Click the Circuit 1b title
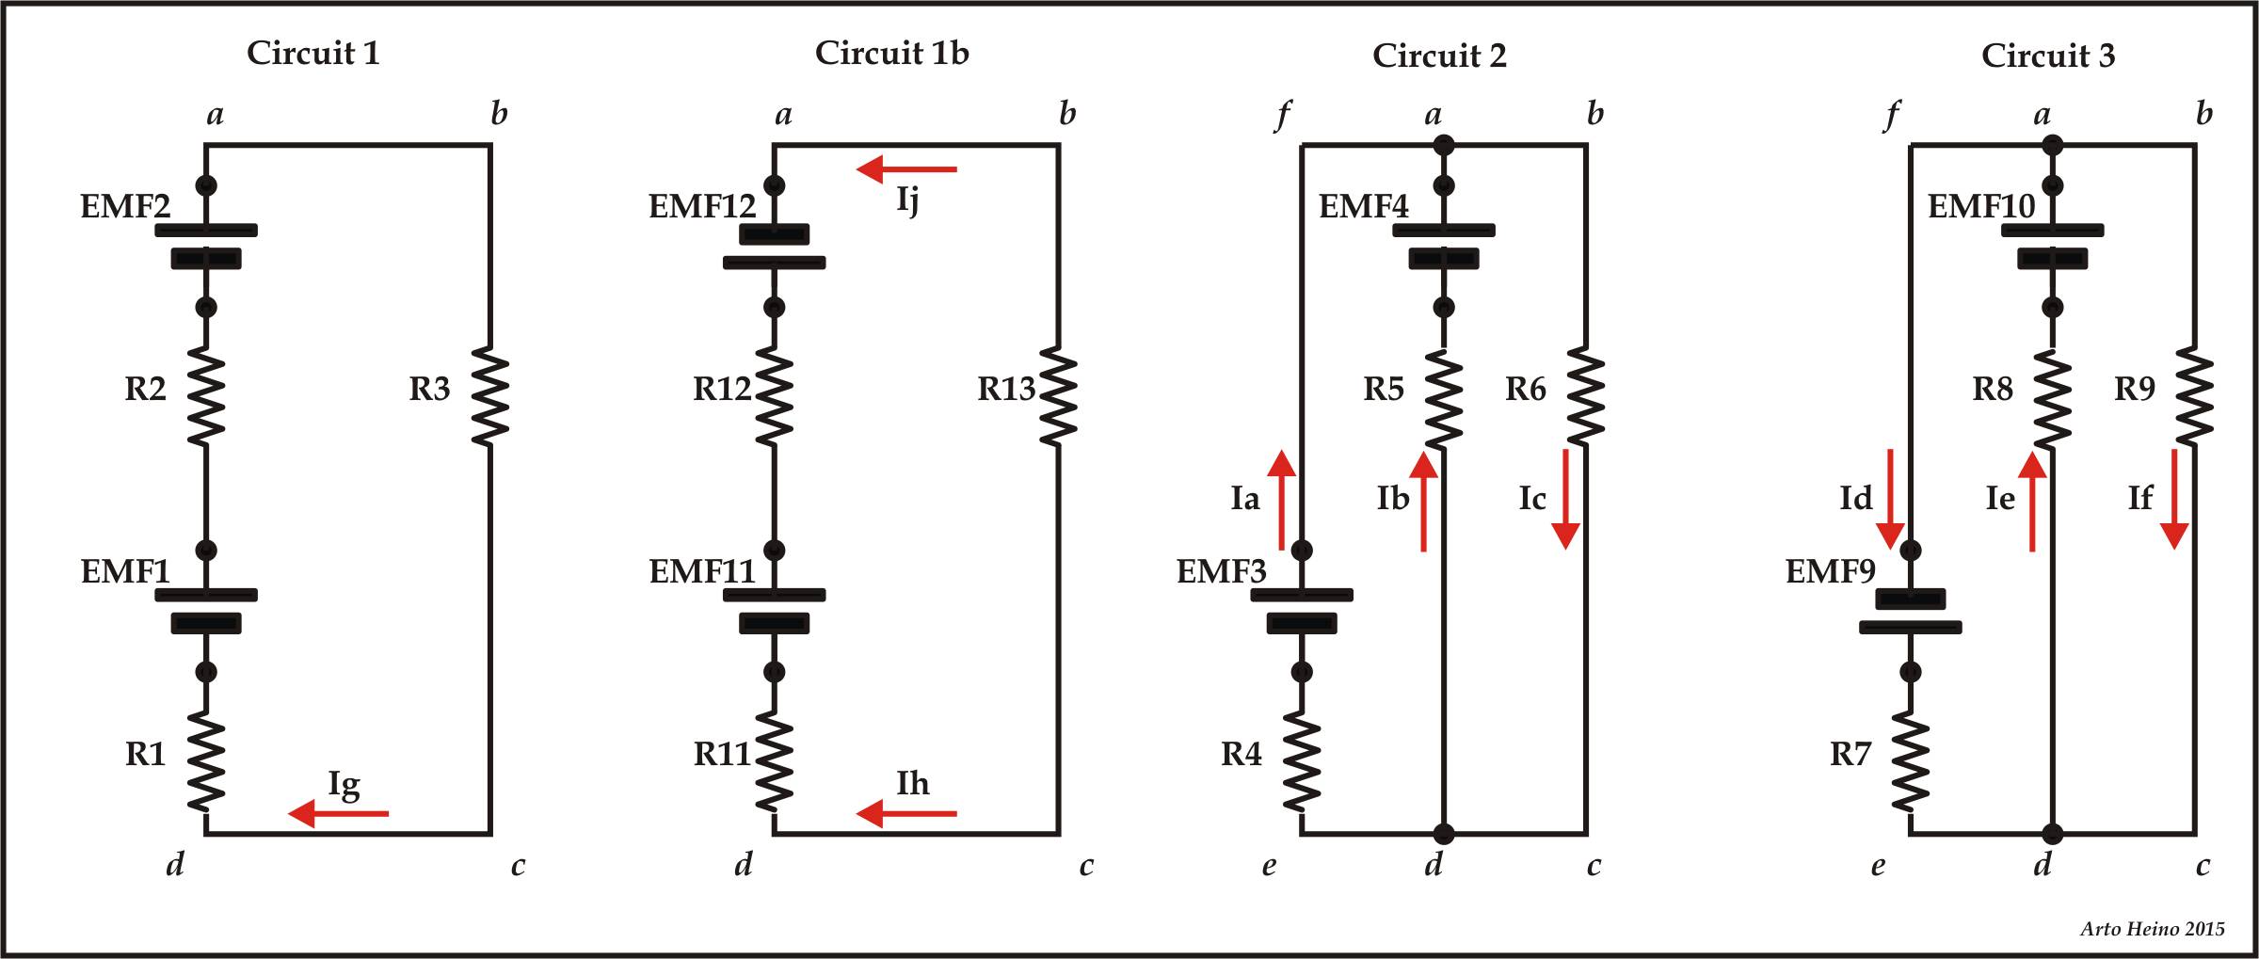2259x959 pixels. point(891,53)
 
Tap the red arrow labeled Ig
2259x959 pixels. point(339,813)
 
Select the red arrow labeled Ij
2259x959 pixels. point(906,169)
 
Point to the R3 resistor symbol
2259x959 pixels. point(490,395)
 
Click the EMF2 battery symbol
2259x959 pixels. point(206,245)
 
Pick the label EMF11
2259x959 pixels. point(702,571)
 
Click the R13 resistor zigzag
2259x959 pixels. point(1059,395)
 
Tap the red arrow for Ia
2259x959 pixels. point(1281,499)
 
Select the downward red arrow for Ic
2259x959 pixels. point(1565,499)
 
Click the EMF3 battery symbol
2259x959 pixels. point(1302,610)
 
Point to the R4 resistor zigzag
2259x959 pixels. point(1302,760)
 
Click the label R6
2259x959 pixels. point(1525,389)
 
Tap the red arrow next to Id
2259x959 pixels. point(1890,499)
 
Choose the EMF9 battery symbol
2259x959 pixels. point(1911,612)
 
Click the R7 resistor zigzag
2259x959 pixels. point(1911,760)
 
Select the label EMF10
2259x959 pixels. point(1981,206)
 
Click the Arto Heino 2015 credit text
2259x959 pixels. point(2152,929)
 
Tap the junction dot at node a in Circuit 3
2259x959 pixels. point(2053,145)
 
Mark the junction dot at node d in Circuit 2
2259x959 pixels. point(1443,834)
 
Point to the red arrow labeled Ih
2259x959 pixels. point(906,813)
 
